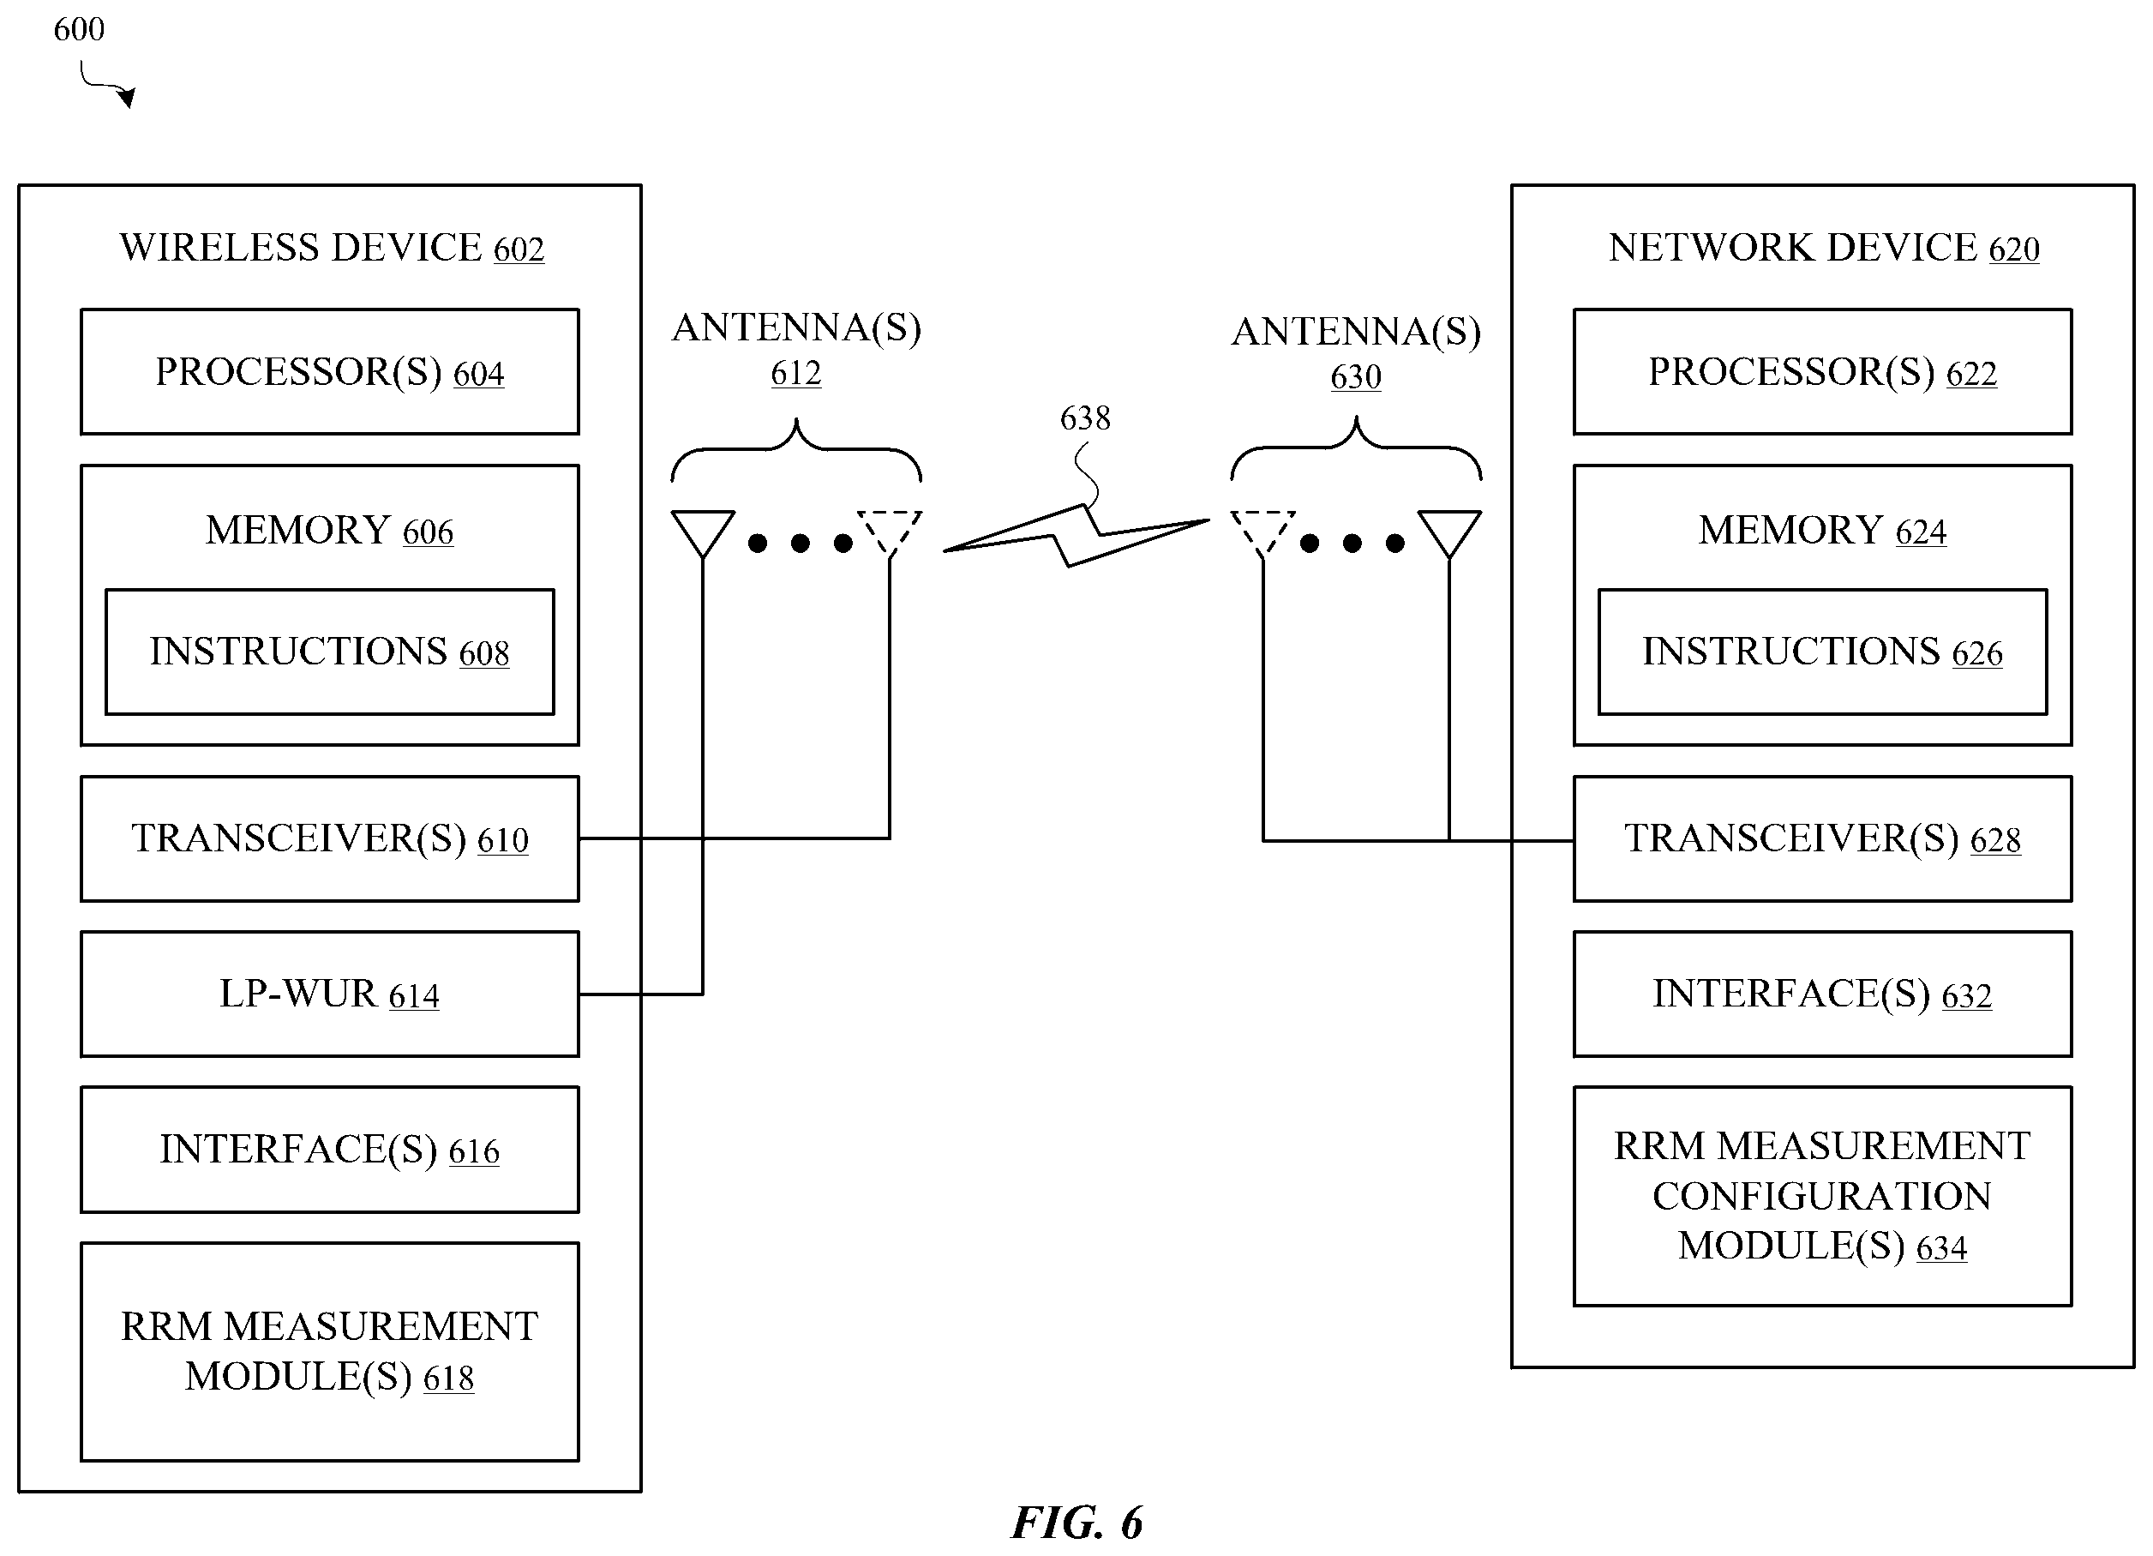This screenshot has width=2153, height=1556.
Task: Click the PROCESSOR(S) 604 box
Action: (329, 371)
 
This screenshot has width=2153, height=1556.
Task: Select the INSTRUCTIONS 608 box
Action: (329, 652)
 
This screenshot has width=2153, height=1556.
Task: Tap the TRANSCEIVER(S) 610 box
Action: (329, 838)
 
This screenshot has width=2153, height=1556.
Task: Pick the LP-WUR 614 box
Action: (329, 993)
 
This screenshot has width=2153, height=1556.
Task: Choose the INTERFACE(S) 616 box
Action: (329, 1149)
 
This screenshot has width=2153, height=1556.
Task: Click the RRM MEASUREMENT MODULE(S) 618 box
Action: (329, 1351)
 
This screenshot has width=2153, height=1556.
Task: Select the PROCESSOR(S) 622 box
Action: (1823, 371)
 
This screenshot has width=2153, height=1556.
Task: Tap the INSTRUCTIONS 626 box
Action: (1823, 652)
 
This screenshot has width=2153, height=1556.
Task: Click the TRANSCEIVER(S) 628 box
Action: (1823, 838)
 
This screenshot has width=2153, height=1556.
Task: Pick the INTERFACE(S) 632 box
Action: (1823, 993)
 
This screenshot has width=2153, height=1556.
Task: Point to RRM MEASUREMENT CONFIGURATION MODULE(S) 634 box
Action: (1823, 1196)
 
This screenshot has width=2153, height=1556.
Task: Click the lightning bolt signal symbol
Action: (1076, 537)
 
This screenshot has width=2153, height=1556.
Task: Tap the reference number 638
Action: (1085, 418)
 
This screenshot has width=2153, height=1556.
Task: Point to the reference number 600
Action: (79, 29)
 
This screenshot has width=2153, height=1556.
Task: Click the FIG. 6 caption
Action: (1077, 1522)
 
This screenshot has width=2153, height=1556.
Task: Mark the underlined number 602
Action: (519, 249)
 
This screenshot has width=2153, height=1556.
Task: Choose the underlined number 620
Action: (2013, 249)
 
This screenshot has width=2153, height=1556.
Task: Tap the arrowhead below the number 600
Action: (127, 97)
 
